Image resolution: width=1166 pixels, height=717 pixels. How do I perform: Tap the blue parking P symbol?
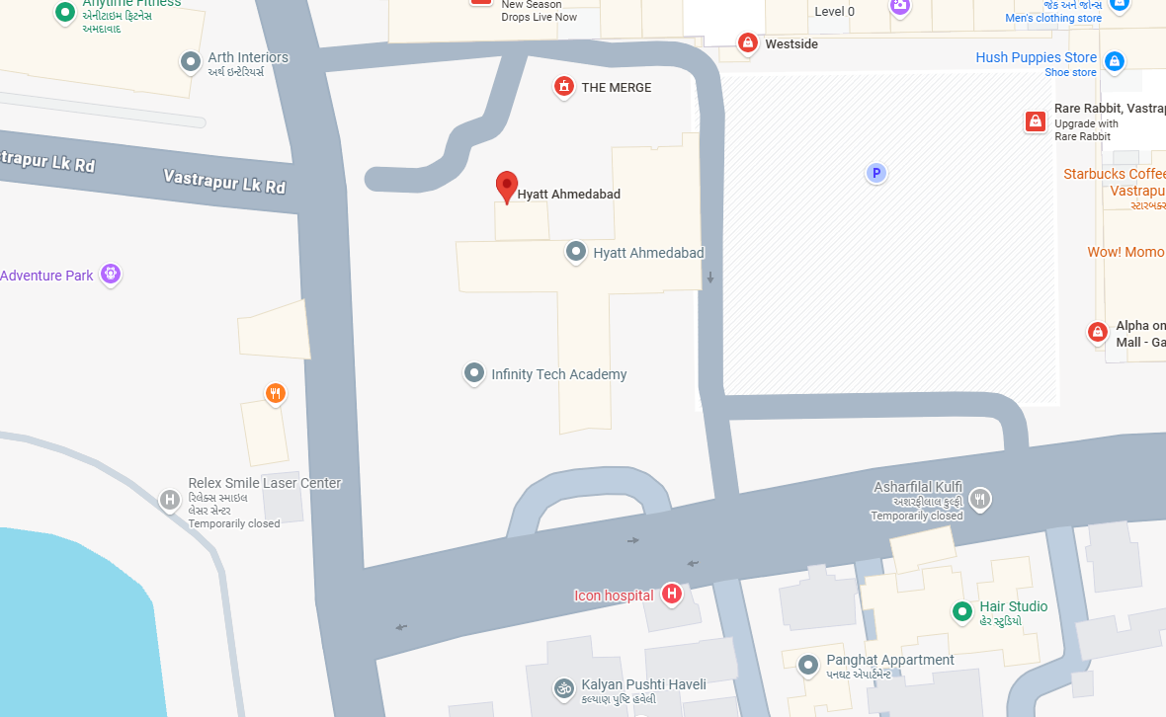click(874, 174)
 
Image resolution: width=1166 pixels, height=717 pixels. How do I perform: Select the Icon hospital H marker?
click(672, 594)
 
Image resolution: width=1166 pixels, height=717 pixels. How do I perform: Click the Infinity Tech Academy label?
click(558, 374)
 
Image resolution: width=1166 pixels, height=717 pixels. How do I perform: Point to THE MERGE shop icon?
click(564, 87)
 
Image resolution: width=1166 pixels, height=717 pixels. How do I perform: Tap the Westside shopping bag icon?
click(748, 43)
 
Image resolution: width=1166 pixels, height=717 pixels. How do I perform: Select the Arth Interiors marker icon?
click(191, 62)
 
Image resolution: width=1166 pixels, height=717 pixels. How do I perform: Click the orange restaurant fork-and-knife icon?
click(276, 394)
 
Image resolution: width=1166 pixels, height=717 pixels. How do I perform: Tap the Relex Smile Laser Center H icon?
click(170, 500)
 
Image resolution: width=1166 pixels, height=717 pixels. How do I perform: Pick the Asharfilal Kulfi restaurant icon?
click(979, 498)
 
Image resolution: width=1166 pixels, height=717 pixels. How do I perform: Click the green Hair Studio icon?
click(961, 611)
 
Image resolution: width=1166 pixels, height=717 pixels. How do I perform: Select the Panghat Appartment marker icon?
click(808, 664)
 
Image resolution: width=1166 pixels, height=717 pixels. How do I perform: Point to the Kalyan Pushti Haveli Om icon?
click(563, 687)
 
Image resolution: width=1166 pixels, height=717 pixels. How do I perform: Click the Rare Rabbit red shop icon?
click(1036, 121)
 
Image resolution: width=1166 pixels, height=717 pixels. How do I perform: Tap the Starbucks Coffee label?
click(1114, 174)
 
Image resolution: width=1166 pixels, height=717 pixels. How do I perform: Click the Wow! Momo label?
click(1125, 252)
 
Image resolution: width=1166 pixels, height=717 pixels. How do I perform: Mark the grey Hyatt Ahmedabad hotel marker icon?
click(576, 252)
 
